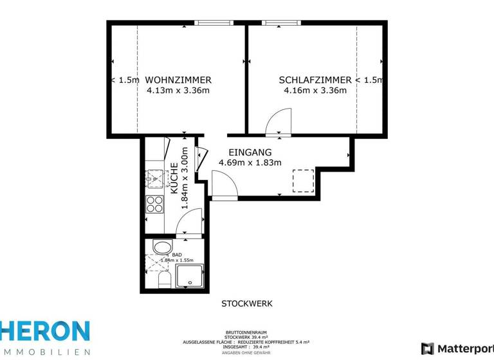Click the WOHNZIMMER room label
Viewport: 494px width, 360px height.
point(178,80)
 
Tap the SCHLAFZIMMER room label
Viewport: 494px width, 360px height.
point(315,80)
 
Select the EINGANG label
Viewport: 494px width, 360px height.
point(250,152)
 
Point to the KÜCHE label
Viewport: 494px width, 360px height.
point(174,179)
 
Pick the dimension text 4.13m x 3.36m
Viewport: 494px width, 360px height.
point(178,91)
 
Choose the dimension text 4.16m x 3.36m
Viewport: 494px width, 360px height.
point(315,91)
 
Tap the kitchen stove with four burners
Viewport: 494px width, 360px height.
point(154,204)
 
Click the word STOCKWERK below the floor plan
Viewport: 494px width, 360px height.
point(247,303)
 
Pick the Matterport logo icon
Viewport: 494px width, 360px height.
point(427,348)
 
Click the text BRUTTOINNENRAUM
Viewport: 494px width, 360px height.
point(246,332)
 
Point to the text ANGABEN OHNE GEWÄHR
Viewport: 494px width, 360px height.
point(246,352)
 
